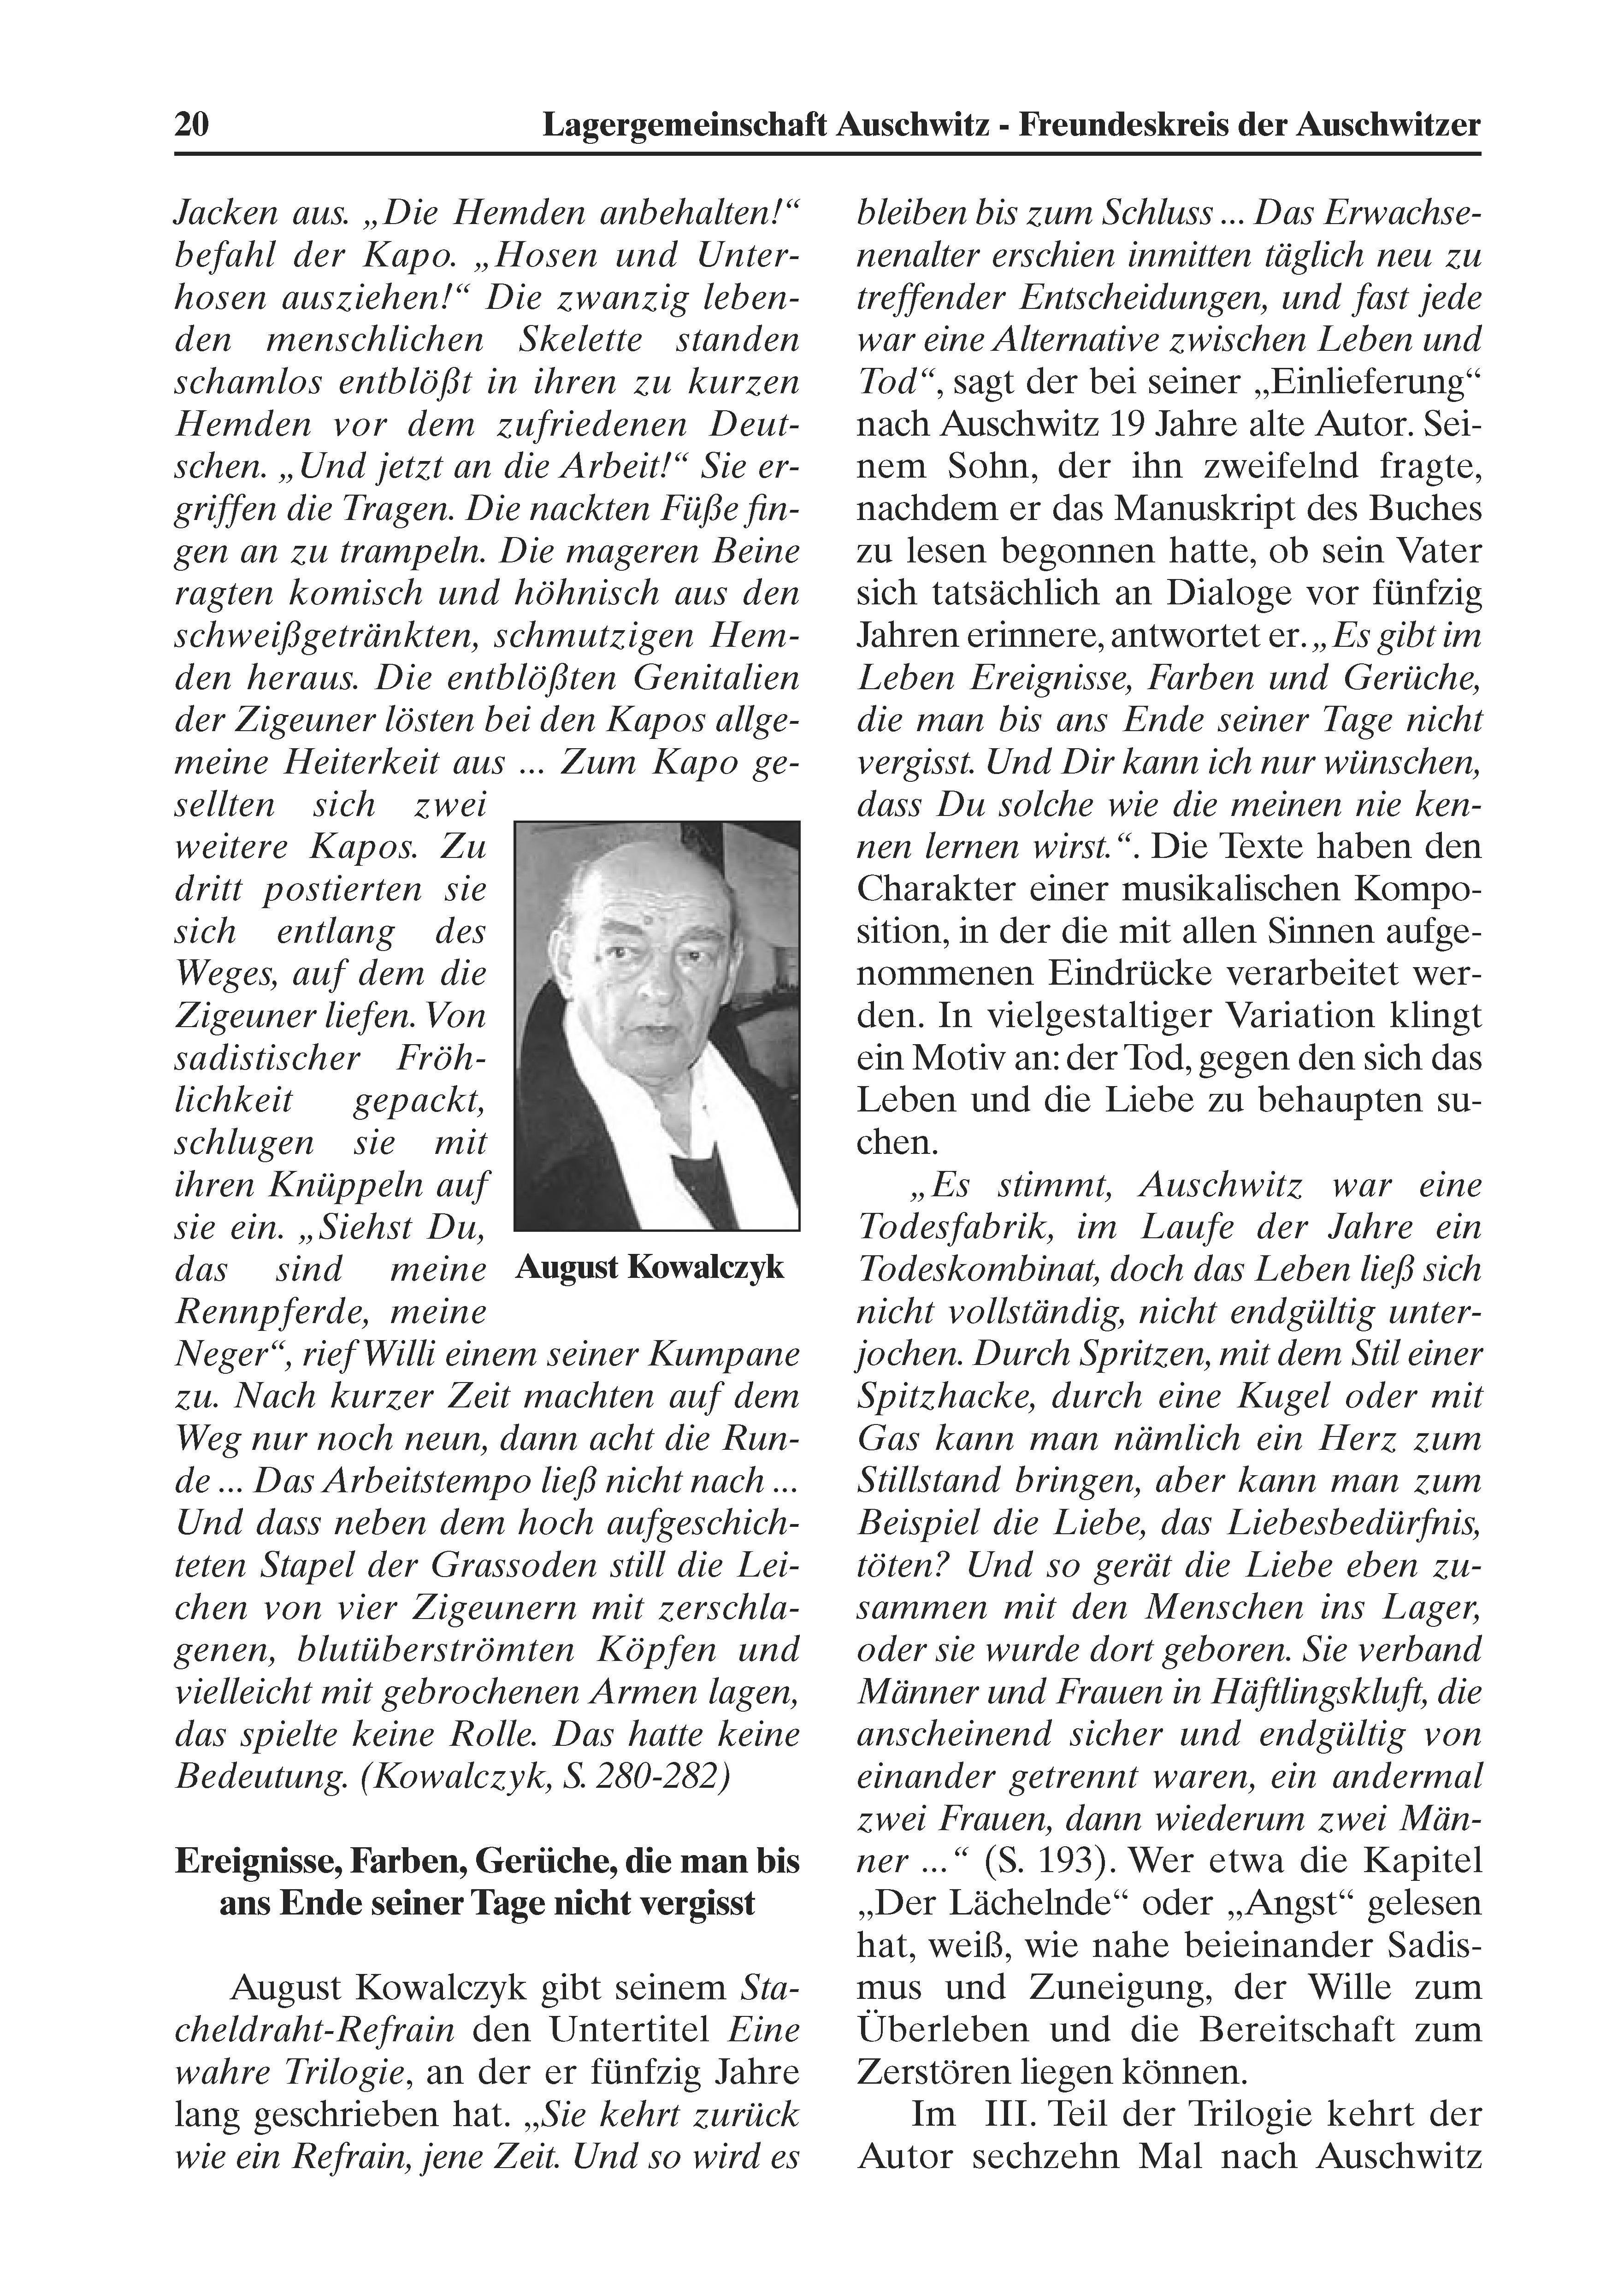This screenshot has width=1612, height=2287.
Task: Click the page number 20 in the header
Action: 191,125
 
